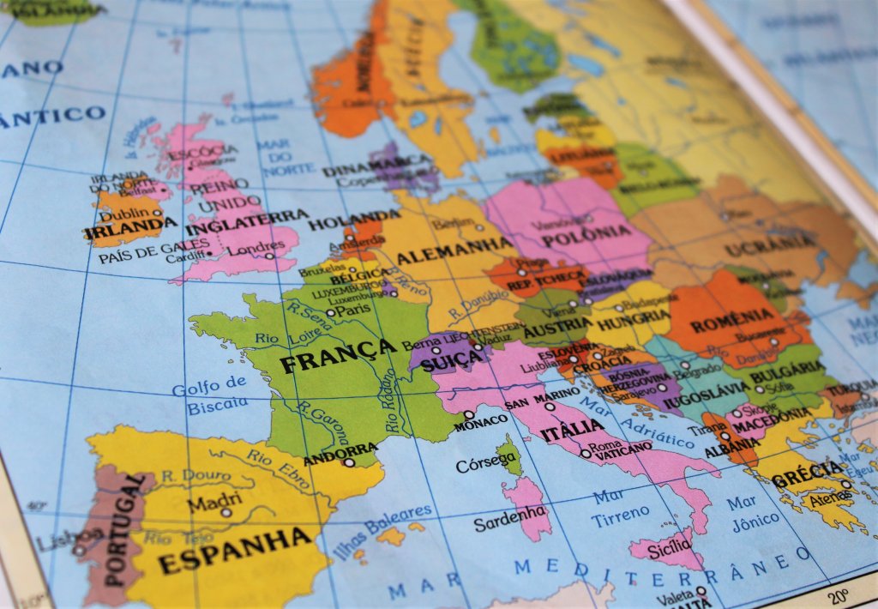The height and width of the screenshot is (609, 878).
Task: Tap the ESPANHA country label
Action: click(x=234, y=550)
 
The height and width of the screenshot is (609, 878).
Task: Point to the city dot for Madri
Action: click(x=226, y=512)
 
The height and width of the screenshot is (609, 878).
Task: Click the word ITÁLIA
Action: click(x=572, y=430)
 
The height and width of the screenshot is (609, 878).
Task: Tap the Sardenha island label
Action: click(x=510, y=517)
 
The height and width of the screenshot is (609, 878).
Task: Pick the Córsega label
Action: click(x=486, y=464)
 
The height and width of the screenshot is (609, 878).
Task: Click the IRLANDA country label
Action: click(x=124, y=227)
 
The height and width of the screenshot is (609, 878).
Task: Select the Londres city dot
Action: click(x=268, y=256)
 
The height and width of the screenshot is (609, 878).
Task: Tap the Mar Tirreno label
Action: click(x=620, y=504)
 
